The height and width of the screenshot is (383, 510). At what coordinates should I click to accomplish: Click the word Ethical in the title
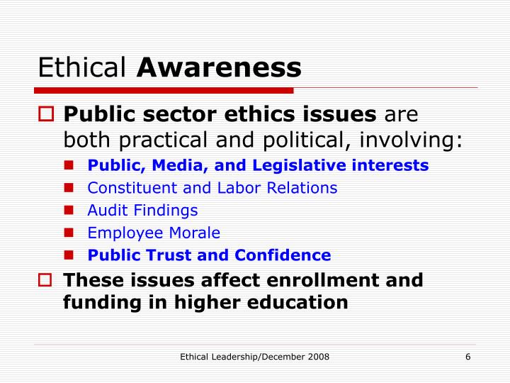coord(81,68)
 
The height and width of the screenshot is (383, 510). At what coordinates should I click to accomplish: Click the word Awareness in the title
coord(220,68)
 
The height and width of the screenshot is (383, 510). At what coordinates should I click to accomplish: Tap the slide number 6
coord(468,356)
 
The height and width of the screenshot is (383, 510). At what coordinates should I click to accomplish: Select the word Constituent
coord(125,188)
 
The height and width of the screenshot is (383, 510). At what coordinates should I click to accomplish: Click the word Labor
coord(237,188)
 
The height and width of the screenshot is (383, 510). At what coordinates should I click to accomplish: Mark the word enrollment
coord(314,280)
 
